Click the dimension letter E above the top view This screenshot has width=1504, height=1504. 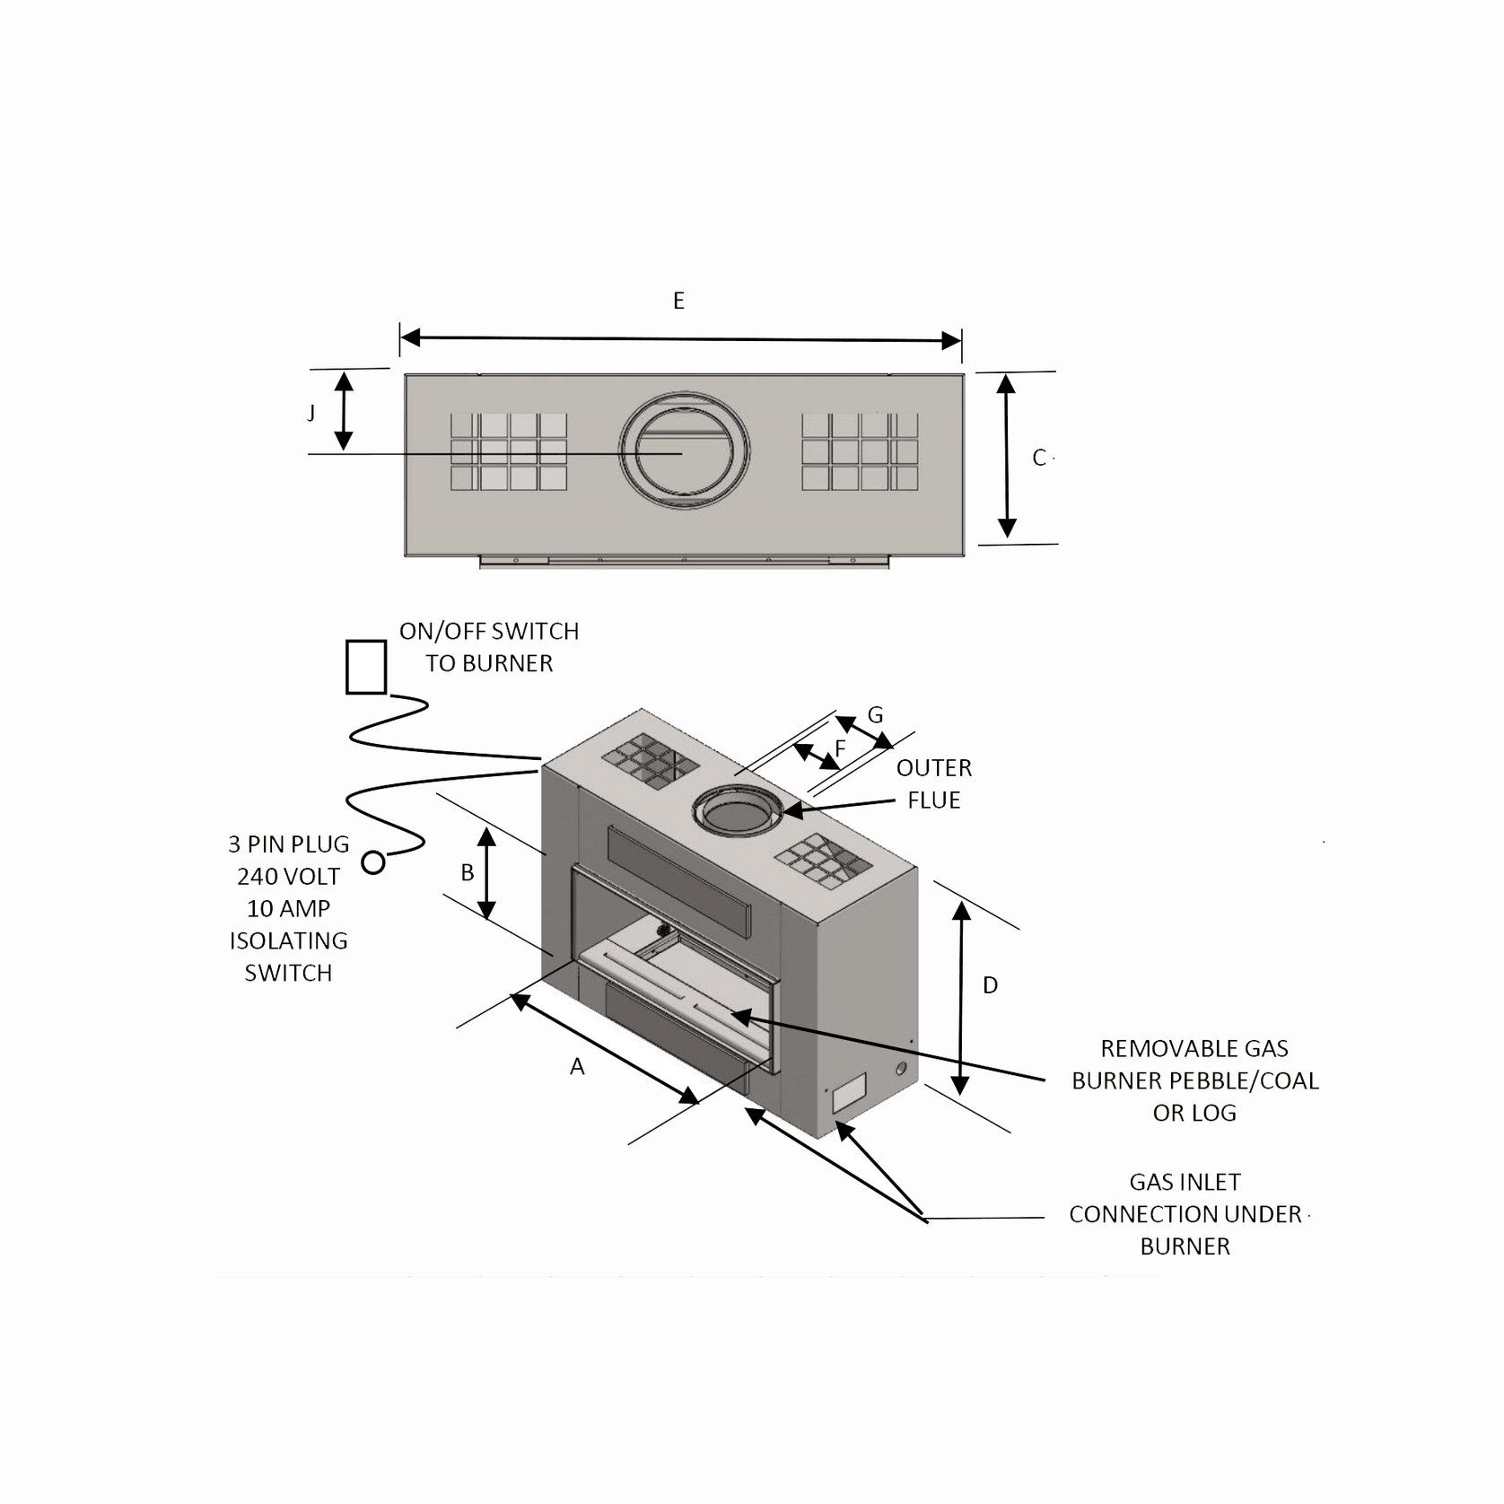678,301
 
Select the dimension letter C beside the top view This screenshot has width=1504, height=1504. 1039,458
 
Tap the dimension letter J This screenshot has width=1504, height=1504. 311,412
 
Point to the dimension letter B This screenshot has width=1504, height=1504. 467,872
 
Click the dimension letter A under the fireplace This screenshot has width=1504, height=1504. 577,1066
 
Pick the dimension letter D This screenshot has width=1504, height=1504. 990,985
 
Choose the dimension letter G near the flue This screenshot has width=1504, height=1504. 875,715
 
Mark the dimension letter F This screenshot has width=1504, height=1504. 840,748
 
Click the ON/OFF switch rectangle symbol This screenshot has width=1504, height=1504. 366,667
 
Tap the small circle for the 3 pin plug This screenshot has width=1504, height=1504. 373,863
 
